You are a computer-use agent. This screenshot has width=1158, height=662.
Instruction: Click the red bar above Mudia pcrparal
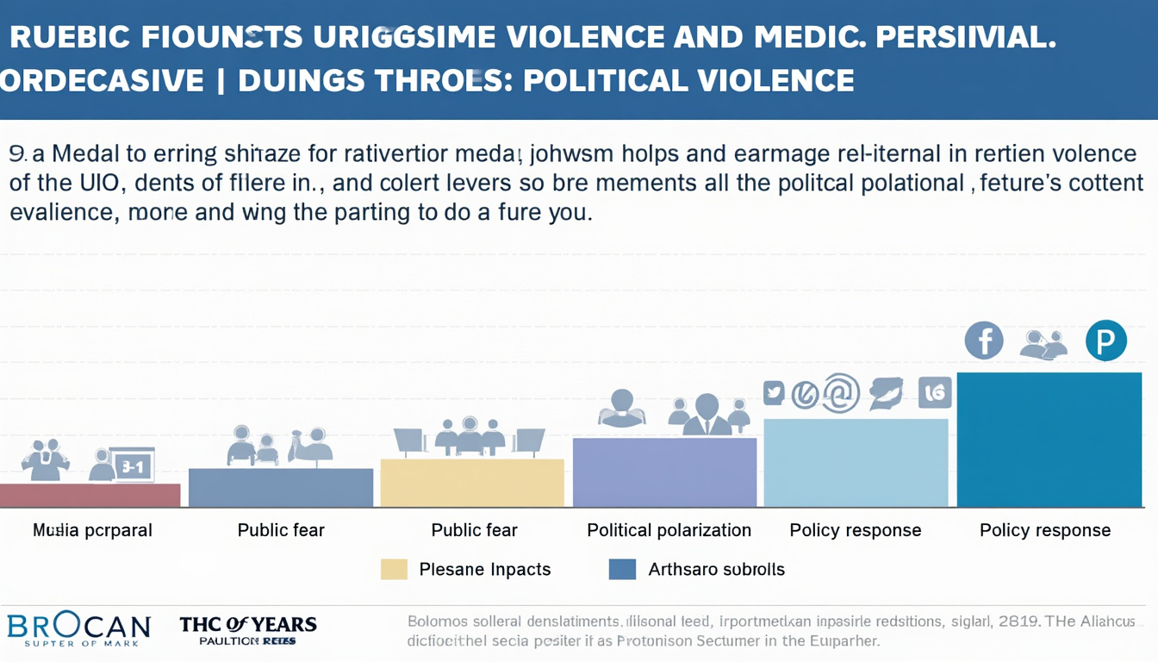pyautogui.click(x=90, y=495)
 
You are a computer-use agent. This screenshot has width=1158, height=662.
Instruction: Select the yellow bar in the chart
pyautogui.click(x=472, y=483)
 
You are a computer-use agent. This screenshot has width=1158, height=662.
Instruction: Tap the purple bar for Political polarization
pyautogui.click(x=664, y=472)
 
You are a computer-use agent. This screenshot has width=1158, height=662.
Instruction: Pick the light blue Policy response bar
pyautogui.click(x=856, y=463)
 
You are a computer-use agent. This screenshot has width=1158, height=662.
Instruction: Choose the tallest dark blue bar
pyautogui.click(x=1049, y=440)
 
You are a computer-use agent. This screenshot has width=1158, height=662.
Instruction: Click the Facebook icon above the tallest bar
pyautogui.click(x=984, y=340)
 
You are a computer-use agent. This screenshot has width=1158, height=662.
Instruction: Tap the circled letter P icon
pyautogui.click(x=1105, y=340)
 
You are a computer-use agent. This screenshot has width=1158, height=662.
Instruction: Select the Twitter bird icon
pyautogui.click(x=774, y=393)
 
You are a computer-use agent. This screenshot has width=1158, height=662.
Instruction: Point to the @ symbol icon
pyautogui.click(x=841, y=393)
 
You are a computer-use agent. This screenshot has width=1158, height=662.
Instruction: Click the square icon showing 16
pyautogui.click(x=935, y=393)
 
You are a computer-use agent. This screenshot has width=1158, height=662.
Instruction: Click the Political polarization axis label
pyautogui.click(x=669, y=530)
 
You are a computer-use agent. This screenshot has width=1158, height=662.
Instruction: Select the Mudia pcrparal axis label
pyautogui.click(x=92, y=530)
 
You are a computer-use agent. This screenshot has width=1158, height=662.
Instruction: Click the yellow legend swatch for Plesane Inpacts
pyautogui.click(x=394, y=569)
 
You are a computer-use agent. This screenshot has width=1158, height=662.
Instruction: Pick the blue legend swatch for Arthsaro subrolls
pyautogui.click(x=622, y=569)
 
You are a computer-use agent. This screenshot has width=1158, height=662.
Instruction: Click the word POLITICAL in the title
pyautogui.click(x=608, y=80)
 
